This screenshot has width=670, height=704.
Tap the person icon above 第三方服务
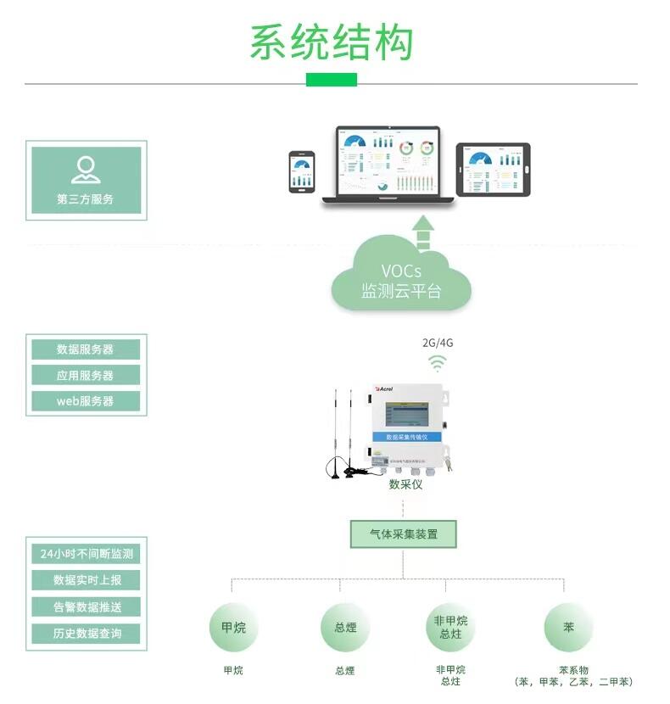pos(86,170)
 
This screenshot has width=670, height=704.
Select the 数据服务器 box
pos(86,349)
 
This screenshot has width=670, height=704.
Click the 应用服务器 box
pos(86,375)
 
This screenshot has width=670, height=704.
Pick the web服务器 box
pos(86,401)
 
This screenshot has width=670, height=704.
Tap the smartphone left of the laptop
pos(302,172)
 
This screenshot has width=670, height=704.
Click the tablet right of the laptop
pos(493,169)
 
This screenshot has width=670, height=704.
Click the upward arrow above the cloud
pos(422,232)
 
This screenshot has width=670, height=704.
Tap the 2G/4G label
pos(438,343)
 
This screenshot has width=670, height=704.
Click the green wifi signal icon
pos(438,363)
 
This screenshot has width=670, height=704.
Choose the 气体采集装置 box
pos(404,534)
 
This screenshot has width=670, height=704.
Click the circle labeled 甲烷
pos(233,628)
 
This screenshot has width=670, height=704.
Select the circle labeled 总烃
pos(345,628)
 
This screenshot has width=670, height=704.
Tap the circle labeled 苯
pos(568,628)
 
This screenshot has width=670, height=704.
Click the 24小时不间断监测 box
pos(87,554)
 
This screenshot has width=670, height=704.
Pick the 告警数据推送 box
pos(87,606)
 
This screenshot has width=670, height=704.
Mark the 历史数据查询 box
pos(87,633)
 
